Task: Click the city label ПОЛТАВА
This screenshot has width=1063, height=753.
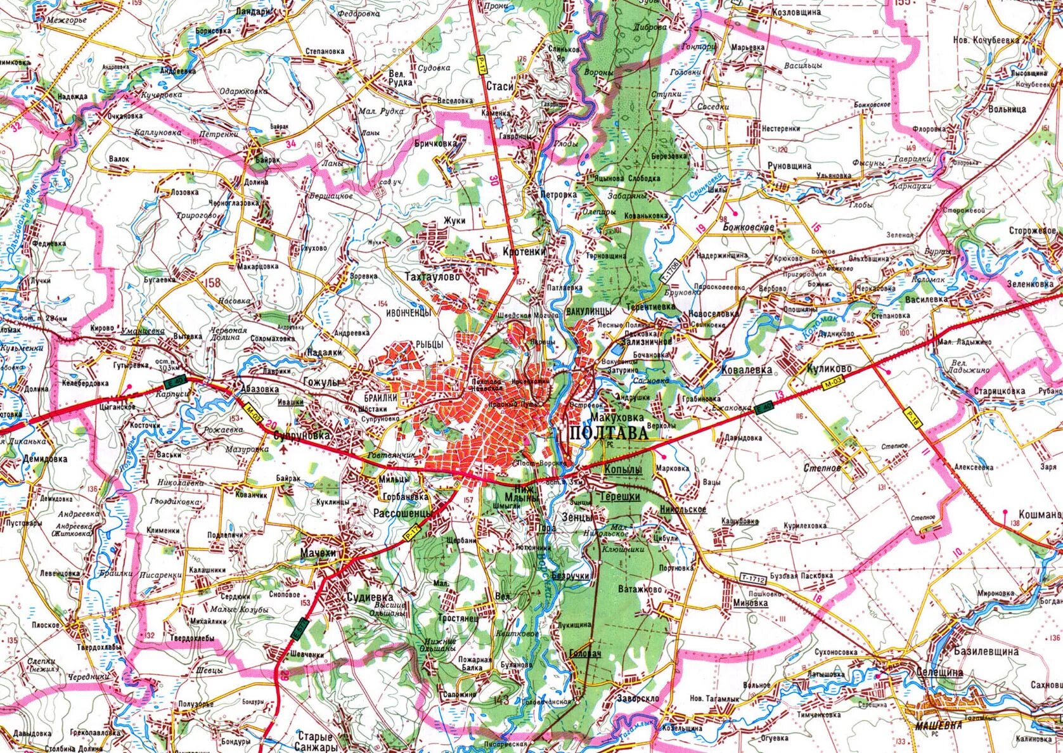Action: [x=609, y=434]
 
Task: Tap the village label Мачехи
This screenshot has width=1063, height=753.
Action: [x=318, y=553]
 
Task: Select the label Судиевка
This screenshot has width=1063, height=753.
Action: [x=370, y=597]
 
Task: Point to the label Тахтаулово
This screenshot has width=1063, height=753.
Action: [x=432, y=277]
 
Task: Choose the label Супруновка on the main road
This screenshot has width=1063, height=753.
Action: [x=302, y=436]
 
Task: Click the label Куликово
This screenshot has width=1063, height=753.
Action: [x=828, y=368]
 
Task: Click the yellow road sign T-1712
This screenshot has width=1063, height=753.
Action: [x=752, y=579]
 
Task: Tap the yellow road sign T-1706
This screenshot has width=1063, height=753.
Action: [x=670, y=271]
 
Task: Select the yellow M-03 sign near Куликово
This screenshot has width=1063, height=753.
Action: [x=834, y=385]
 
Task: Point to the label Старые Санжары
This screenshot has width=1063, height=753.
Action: [x=314, y=742]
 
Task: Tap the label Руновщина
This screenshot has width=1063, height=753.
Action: [x=789, y=165]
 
